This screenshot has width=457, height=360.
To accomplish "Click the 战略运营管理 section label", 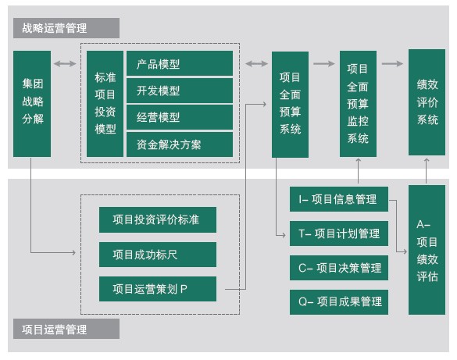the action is pos(66,28).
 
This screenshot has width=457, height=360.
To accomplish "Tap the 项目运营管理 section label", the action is pos(66,329).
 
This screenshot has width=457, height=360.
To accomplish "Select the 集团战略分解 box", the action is pos(32,104).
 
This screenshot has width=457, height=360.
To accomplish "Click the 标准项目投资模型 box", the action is pos(105,104).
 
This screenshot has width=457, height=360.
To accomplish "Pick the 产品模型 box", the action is pos(180,63).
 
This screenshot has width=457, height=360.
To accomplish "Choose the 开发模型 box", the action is pos(180,91).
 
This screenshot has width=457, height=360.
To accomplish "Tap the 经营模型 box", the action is pos(180,117).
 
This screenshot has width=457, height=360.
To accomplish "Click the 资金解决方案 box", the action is pos(180,144).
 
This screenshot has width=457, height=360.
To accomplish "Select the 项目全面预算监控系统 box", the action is pos(358,104).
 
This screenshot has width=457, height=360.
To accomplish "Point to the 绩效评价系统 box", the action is pos(427,102).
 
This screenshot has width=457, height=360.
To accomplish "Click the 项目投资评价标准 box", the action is pos(158,220).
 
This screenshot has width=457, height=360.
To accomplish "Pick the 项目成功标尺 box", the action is pos(158,255).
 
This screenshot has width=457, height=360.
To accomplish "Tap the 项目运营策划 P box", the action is pos(158,289).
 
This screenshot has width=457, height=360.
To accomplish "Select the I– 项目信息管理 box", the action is pos(339,199).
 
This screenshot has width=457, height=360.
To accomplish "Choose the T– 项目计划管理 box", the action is pos(339,233).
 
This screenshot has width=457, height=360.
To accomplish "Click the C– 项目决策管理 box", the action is pos(339,268).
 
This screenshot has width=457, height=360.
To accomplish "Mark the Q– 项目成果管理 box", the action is pos(339,302).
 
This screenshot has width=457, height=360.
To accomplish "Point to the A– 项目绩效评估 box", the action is pos(427,250).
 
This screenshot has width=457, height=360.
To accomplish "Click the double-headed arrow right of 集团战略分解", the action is pos(65,63).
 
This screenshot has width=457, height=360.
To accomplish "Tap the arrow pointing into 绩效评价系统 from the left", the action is pos(392,63).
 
